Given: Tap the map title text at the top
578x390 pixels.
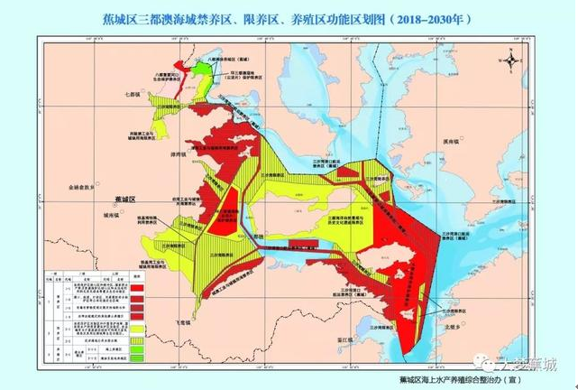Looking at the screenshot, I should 289,17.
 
